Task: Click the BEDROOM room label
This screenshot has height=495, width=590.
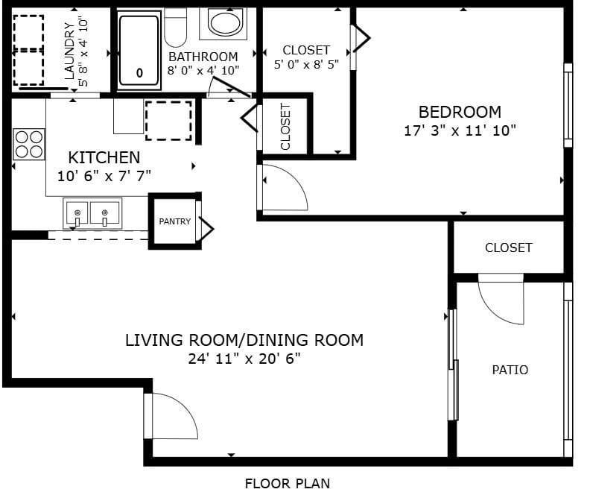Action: tap(460, 112)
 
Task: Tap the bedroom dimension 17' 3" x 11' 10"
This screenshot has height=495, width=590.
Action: tap(460, 130)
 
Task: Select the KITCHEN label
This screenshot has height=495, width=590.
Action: tap(104, 157)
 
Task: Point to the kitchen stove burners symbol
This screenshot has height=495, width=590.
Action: tap(29, 144)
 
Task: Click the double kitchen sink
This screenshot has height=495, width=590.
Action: tap(92, 213)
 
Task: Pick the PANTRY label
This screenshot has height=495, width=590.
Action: tap(174, 221)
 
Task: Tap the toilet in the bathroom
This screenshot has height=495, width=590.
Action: tap(175, 28)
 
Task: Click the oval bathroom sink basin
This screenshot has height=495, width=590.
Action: tap(225, 23)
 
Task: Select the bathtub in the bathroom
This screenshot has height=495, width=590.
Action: tap(139, 50)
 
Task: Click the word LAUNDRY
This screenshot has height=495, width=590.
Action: tap(69, 51)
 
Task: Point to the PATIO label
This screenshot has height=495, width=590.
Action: tap(510, 370)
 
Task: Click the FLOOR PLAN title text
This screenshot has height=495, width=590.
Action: tap(288, 483)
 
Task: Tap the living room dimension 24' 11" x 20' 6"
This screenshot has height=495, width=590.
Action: tap(244, 359)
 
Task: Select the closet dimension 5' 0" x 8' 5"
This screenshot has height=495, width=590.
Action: tap(306, 64)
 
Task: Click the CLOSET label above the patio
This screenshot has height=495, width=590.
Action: tap(509, 248)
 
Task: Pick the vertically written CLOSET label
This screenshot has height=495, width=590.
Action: tap(285, 127)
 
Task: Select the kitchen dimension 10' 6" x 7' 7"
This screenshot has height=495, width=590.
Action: tap(104, 176)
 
